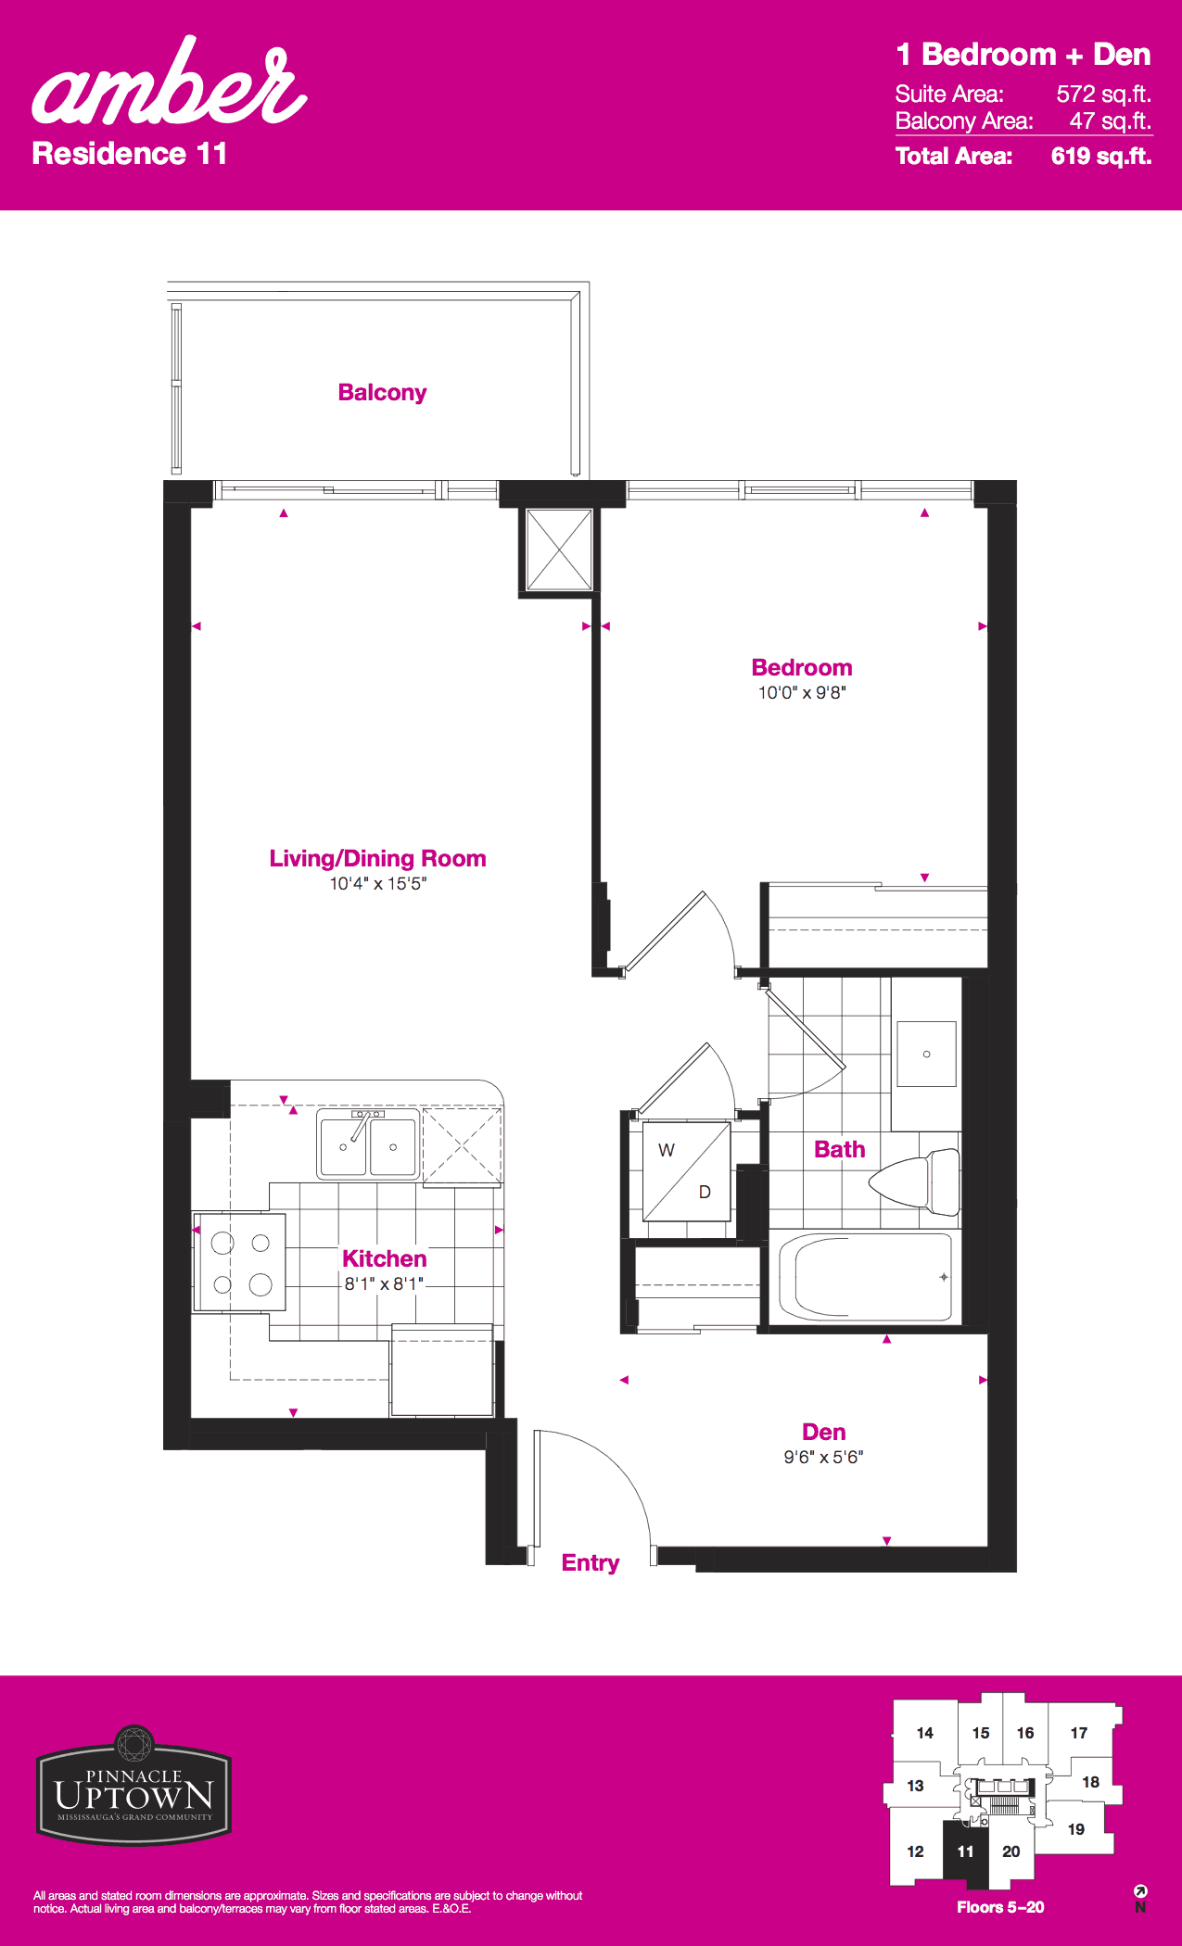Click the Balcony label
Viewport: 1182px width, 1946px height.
(382, 393)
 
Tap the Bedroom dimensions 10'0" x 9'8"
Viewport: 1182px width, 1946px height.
(802, 692)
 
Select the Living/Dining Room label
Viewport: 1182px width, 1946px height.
(377, 858)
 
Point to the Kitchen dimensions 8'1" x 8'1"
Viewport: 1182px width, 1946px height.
(384, 1283)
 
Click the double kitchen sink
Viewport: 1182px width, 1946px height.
(368, 1145)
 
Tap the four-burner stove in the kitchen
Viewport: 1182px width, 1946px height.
(239, 1262)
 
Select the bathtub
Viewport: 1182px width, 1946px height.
(866, 1278)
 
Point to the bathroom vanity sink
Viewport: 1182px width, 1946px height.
(926, 1054)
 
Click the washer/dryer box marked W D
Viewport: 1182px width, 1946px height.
(686, 1172)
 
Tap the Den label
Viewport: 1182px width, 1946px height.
(823, 1432)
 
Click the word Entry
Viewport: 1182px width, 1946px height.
(591, 1563)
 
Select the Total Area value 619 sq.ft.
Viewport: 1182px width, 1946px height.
(1101, 156)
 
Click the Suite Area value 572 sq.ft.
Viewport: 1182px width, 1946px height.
(1103, 94)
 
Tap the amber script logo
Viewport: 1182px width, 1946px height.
(170, 83)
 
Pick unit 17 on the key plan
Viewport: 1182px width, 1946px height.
(1079, 1733)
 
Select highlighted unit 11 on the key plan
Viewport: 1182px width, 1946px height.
(966, 1851)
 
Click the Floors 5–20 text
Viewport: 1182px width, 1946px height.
(1000, 1907)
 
